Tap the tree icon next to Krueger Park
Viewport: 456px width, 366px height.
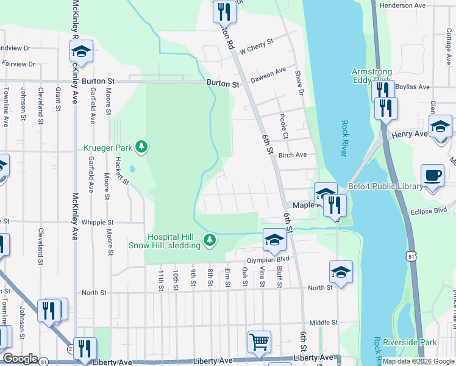141,146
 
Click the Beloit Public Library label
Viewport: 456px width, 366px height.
393,186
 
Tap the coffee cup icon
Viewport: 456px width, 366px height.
432,176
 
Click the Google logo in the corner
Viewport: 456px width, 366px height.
21,359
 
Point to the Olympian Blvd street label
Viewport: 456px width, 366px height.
268,259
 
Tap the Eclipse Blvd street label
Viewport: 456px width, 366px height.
429,210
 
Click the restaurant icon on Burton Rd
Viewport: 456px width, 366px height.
224,11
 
